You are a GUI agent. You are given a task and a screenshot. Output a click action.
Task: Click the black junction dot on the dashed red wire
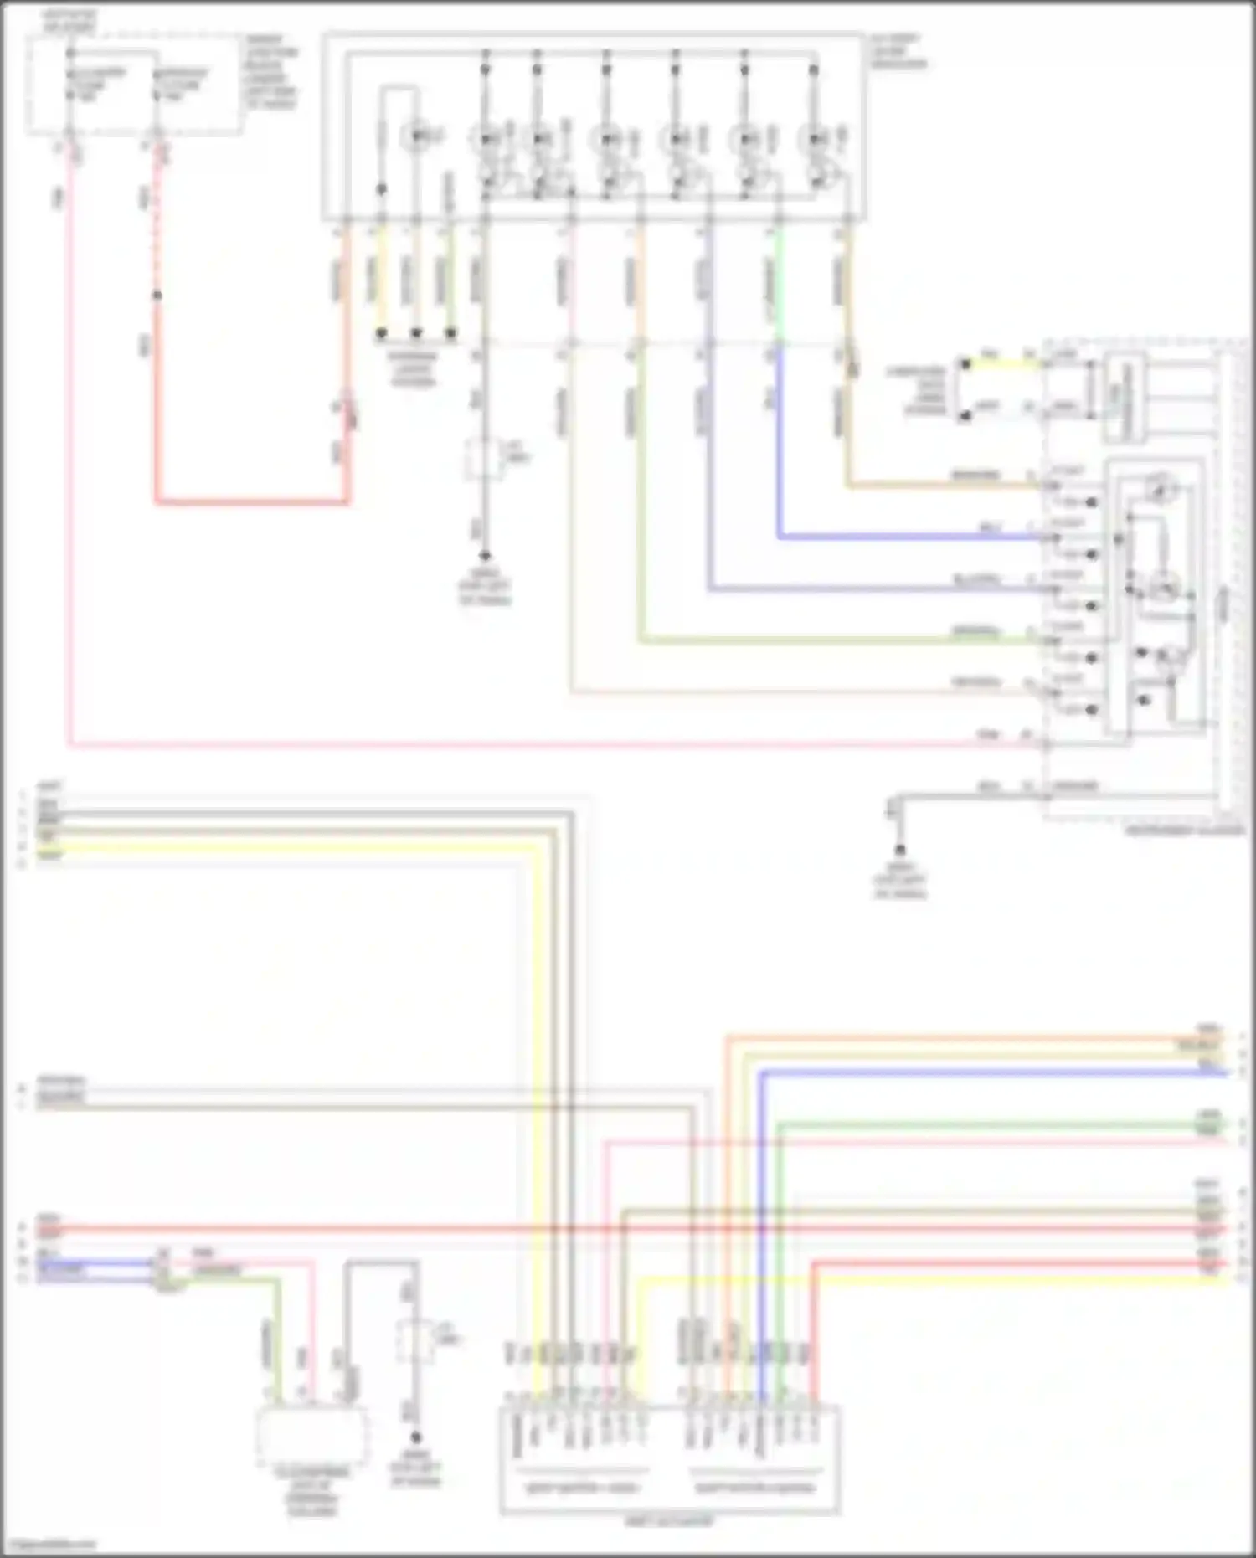[x=157, y=295]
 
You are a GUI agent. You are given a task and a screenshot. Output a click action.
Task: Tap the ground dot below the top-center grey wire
[x=485, y=555]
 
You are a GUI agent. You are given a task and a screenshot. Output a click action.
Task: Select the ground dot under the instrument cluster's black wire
[x=900, y=849]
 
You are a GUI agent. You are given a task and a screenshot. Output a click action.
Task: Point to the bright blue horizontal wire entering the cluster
[x=904, y=537]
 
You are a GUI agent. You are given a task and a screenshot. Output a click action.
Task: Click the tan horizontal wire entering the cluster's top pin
[x=938, y=485]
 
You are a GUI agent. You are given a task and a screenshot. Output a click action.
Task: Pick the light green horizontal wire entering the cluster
[x=837, y=641]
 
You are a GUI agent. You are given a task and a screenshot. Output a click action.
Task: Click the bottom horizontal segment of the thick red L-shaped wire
[x=251, y=503]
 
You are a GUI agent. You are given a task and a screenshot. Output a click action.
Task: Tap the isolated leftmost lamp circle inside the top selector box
[x=416, y=136]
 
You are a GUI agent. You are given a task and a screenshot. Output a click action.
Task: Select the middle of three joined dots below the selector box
[x=416, y=333]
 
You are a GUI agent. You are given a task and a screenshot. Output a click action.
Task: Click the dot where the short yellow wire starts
[x=965, y=364]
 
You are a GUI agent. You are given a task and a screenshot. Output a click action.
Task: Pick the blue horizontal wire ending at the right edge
[x=1005, y=1072]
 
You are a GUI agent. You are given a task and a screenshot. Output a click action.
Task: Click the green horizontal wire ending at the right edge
[x=1005, y=1125]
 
